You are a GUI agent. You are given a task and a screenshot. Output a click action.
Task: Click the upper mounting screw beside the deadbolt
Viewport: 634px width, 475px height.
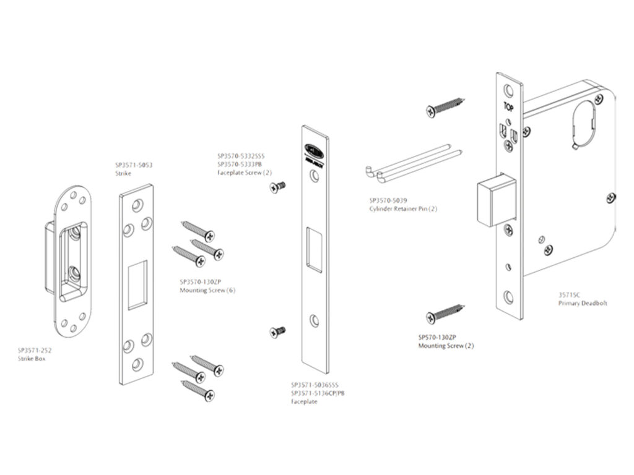click(445, 106)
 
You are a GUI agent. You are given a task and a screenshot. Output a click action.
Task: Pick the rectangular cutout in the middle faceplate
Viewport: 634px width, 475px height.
click(315, 249)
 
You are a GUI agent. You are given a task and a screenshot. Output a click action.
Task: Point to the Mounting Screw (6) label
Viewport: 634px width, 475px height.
click(207, 285)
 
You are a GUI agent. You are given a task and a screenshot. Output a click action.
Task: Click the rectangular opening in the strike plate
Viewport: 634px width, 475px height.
click(137, 285)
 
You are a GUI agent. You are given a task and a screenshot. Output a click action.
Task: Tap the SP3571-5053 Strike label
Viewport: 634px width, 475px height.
click(133, 169)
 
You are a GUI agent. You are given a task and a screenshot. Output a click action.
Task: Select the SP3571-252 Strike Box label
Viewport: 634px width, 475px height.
click(35, 354)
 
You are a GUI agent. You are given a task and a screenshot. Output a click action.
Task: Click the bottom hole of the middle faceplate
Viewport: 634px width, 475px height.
click(315, 320)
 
